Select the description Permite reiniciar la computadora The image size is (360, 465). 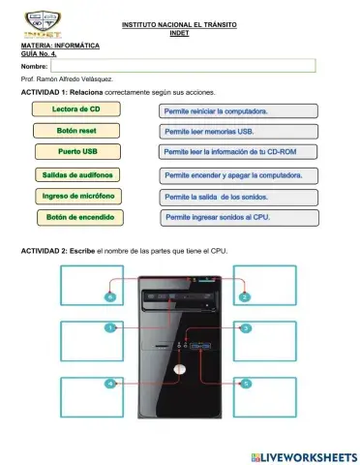pos(237,111)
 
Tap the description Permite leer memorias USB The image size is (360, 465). pos(237,131)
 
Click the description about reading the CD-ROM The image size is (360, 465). pos(237,152)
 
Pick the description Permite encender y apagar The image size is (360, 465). pos(237,175)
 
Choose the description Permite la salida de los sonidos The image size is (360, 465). pos(237,197)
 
